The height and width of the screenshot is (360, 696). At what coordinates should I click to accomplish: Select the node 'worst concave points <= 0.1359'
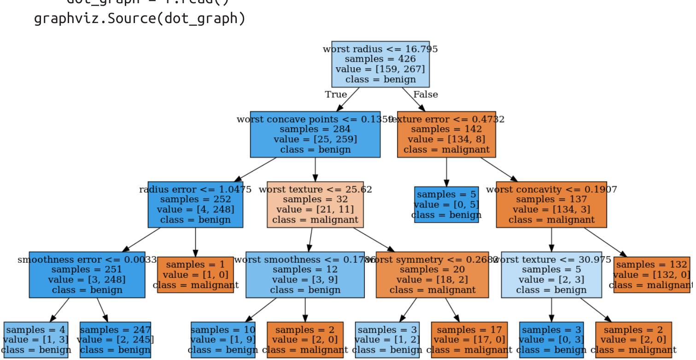tap(315, 134)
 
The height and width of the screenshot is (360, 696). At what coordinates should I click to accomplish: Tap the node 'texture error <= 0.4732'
tap(446, 134)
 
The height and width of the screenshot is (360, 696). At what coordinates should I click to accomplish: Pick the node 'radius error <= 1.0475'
tap(195, 204)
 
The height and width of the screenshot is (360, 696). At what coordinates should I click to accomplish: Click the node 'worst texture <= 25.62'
tap(315, 204)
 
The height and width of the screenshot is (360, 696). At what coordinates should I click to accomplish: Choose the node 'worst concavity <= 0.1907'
tap(551, 204)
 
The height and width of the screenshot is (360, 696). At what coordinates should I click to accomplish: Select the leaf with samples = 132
tap(652, 275)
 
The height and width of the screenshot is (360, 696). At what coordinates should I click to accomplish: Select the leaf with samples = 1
tap(196, 275)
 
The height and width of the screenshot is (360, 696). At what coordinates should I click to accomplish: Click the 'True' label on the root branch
tap(336, 94)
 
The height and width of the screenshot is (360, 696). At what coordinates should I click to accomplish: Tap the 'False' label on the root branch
tap(425, 94)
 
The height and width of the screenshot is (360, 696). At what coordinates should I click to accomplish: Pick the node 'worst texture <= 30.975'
tap(551, 275)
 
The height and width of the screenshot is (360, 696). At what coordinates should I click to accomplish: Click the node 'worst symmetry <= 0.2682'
tap(432, 275)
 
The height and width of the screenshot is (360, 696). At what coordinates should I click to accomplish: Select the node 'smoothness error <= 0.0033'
tap(87, 275)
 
